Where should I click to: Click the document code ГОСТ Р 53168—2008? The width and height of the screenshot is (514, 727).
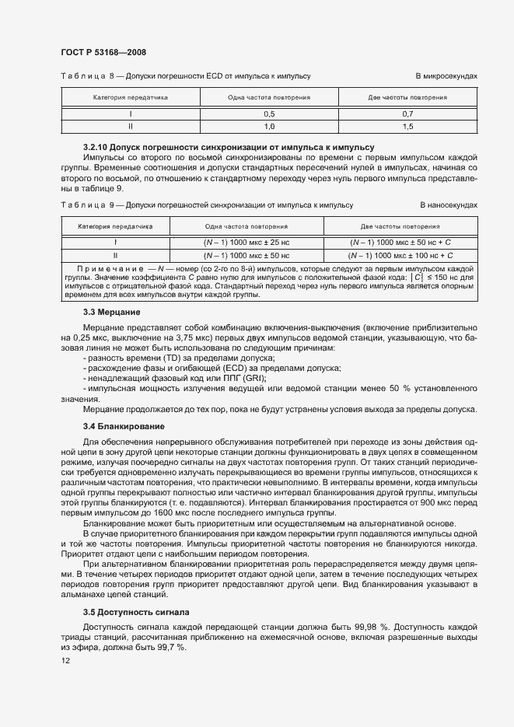pyautogui.click(x=103, y=52)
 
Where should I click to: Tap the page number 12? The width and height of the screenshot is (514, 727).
pyautogui.click(x=65, y=660)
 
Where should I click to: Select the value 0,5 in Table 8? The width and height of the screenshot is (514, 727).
pyautogui.click(x=269, y=114)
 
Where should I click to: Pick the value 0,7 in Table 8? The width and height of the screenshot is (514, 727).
pyautogui.click(x=407, y=114)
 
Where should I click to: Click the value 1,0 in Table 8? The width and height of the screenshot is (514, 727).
pyautogui.click(x=269, y=126)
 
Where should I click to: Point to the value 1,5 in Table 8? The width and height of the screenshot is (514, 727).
pyautogui.click(x=407, y=126)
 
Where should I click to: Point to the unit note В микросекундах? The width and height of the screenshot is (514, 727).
pyautogui.click(x=446, y=76)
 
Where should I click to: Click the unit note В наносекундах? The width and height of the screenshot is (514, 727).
pyautogui.click(x=448, y=205)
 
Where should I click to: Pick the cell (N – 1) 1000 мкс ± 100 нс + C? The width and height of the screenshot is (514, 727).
pyautogui.click(x=400, y=254)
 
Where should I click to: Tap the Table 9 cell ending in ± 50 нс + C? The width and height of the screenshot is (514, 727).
pyautogui.click(x=400, y=243)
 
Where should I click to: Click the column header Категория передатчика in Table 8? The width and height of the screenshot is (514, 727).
pyautogui.click(x=131, y=98)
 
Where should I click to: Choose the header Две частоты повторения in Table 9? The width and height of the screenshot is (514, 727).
pyautogui.click(x=400, y=227)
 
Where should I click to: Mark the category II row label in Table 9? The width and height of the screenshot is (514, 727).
pyautogui.click(x=115, y=254)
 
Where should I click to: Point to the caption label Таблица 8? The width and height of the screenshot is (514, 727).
pyautogui.click(x=86, y=76)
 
